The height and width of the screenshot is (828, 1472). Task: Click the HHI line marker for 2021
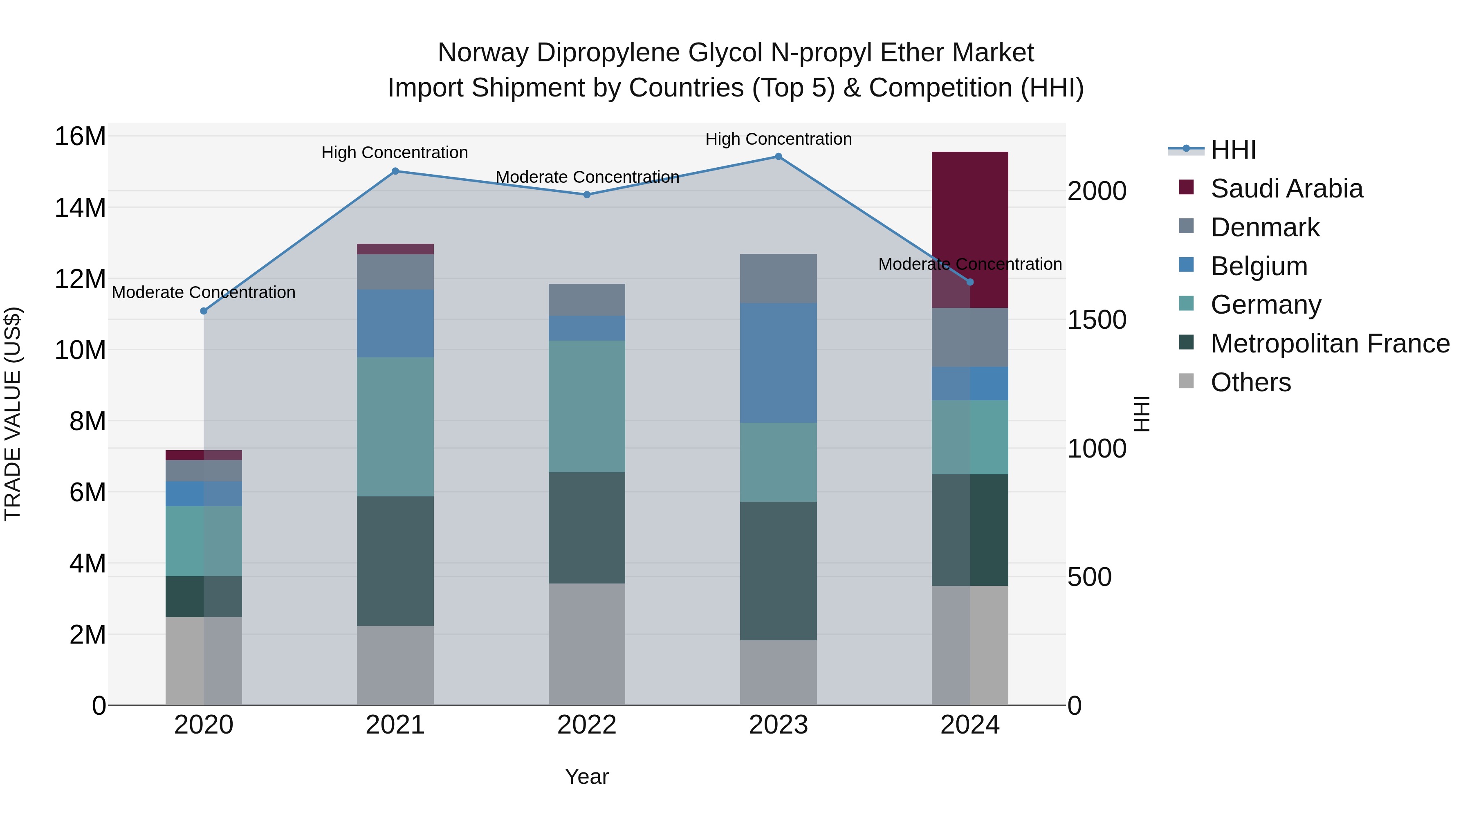[395, 171]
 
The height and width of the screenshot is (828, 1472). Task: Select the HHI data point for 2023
[778, 157]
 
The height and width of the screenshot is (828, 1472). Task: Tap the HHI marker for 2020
[204, 311]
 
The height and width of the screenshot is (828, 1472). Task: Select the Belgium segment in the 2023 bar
[778, 363]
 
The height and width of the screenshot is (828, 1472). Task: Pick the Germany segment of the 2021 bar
[395, 427]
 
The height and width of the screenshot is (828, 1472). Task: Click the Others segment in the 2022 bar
[587, 644]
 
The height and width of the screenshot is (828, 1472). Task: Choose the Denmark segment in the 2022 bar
[587, 299]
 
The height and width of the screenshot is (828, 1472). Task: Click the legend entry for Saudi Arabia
[1286, 188]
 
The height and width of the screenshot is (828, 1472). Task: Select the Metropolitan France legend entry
[1329, 343]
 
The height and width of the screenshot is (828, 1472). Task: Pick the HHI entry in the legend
[1233, 150]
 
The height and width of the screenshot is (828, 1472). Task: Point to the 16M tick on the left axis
[80, 137]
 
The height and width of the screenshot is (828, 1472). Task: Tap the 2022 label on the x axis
[587, 725]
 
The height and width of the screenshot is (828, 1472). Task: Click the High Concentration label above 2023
[778, 139]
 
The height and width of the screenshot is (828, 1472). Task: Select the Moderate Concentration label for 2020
[204, 292]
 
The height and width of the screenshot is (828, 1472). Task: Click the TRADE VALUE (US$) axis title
[13, 414]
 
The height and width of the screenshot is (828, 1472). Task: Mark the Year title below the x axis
[587, 776]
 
